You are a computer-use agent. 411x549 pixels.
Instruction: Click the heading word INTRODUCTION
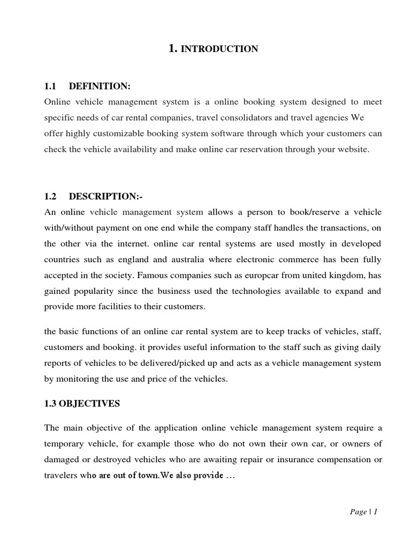[x=219, y=49]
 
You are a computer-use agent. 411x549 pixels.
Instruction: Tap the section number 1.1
[x=50, y=87]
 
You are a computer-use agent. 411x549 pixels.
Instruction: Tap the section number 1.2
[x=50, y=197]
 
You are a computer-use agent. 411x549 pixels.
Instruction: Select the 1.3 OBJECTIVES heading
[x=82, y=404]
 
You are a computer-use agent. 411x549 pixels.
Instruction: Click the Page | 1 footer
[x=363, y=512]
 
